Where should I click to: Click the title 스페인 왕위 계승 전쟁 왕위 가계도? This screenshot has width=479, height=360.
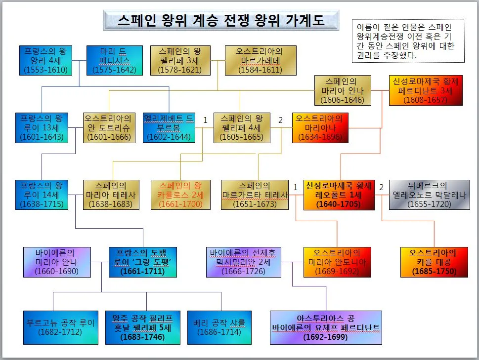tap(221, 21)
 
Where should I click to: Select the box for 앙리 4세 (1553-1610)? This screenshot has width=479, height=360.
tap(45, 61)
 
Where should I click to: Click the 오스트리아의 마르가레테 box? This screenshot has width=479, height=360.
tap(260, 61)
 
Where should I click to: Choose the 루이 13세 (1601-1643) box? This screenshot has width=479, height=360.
tap(42, 128)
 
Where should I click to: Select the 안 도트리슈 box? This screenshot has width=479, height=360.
tap(109, 128)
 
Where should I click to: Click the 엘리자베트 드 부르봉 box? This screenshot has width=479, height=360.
tap(169, 128)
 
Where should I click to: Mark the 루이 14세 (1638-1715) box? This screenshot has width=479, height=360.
tap(42, 195)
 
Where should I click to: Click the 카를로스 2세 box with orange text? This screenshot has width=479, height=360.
tap(181, 195)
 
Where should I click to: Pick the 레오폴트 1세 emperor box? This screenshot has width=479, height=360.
tap(338, 195)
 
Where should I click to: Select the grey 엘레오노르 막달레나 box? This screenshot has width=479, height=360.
tap(423, 195)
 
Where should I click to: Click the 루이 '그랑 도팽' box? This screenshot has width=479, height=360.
tap(143, 262)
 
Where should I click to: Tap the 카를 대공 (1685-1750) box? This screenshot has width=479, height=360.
tap(428, 262)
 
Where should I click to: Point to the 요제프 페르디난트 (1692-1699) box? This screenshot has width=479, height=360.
tap(326, 327)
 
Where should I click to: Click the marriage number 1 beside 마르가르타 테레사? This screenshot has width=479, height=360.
tap(296, 187)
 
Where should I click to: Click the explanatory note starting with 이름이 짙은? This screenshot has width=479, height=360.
tap(407, 41)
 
